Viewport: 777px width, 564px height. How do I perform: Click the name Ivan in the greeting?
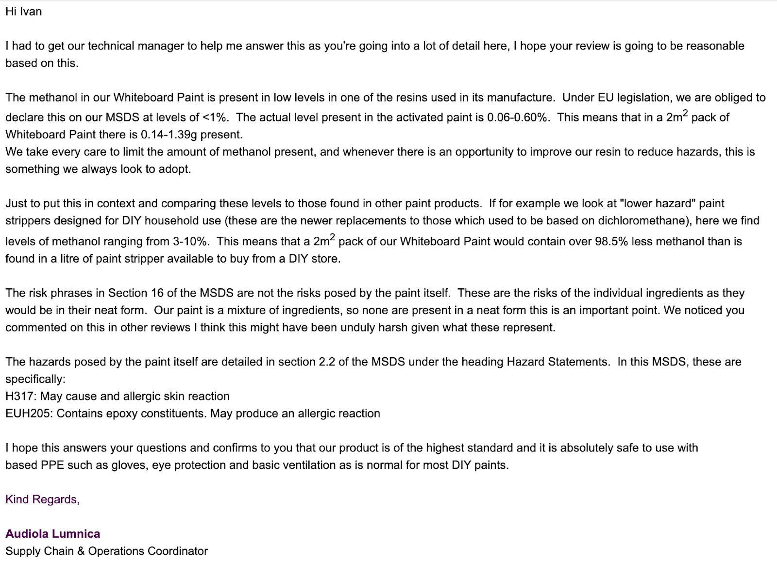click(x=31, y=12)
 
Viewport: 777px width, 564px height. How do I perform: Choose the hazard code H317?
click(x=19, y=397)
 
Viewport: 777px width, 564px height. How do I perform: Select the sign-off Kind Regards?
click(x=42, y=499)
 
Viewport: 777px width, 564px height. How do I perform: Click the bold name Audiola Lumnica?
click(x=52, y=534)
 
